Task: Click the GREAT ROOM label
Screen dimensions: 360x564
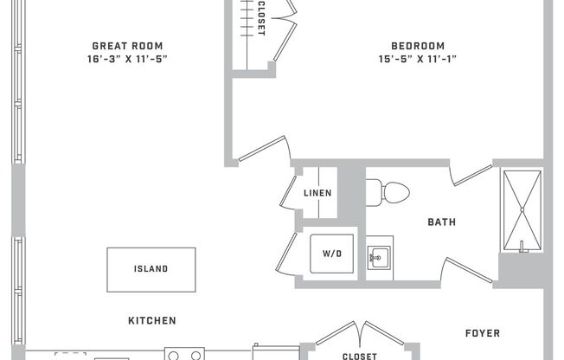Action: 127,46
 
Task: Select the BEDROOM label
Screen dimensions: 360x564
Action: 417,46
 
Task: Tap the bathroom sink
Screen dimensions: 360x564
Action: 378,257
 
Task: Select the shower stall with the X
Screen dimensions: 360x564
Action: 522,210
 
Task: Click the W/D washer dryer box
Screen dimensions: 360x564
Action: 332,254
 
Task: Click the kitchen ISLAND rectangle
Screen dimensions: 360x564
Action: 151,269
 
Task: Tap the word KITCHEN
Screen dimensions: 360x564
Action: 152,320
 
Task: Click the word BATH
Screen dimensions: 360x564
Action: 441,222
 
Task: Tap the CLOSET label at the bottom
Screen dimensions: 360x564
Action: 359,356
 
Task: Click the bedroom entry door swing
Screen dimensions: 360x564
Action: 263,148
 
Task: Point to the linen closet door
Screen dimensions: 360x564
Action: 288,191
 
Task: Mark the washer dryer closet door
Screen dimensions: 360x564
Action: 285,252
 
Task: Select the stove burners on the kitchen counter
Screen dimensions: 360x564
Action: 184,354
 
